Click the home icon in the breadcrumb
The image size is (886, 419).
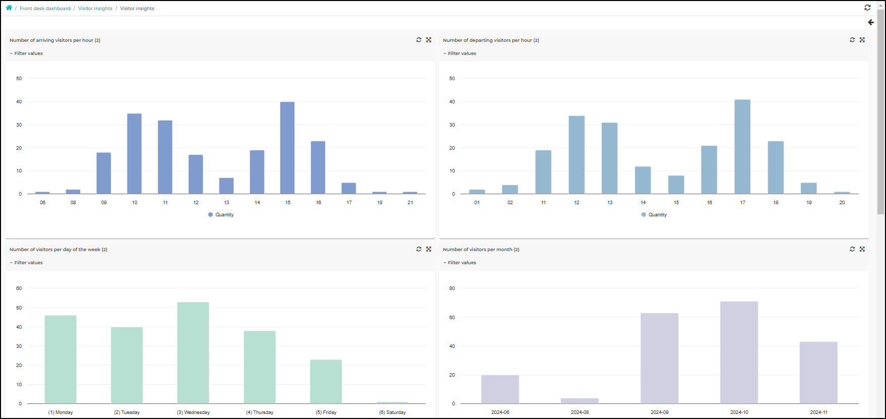9,8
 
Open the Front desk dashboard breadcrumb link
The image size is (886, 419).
45,9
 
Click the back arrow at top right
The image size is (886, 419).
871,22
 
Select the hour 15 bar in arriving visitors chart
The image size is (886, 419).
287,148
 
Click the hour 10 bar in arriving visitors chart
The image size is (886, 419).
134,154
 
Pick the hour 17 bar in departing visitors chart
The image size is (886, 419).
742,147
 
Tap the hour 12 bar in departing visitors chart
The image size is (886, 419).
577,155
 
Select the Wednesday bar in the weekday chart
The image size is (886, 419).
193,353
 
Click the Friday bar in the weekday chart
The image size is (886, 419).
326,382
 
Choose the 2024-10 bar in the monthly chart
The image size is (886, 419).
739,352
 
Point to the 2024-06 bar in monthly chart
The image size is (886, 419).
500,389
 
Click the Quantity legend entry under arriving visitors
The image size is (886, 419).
221,215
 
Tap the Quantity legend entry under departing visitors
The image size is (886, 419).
654,215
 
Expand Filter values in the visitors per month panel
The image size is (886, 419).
460,263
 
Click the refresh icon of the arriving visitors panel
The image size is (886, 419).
419,40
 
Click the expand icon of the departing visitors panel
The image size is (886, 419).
862,40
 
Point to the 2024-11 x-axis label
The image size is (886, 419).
819,412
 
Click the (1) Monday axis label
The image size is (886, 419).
61,412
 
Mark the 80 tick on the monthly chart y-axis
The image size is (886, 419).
452,288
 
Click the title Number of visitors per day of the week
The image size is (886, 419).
58,250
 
